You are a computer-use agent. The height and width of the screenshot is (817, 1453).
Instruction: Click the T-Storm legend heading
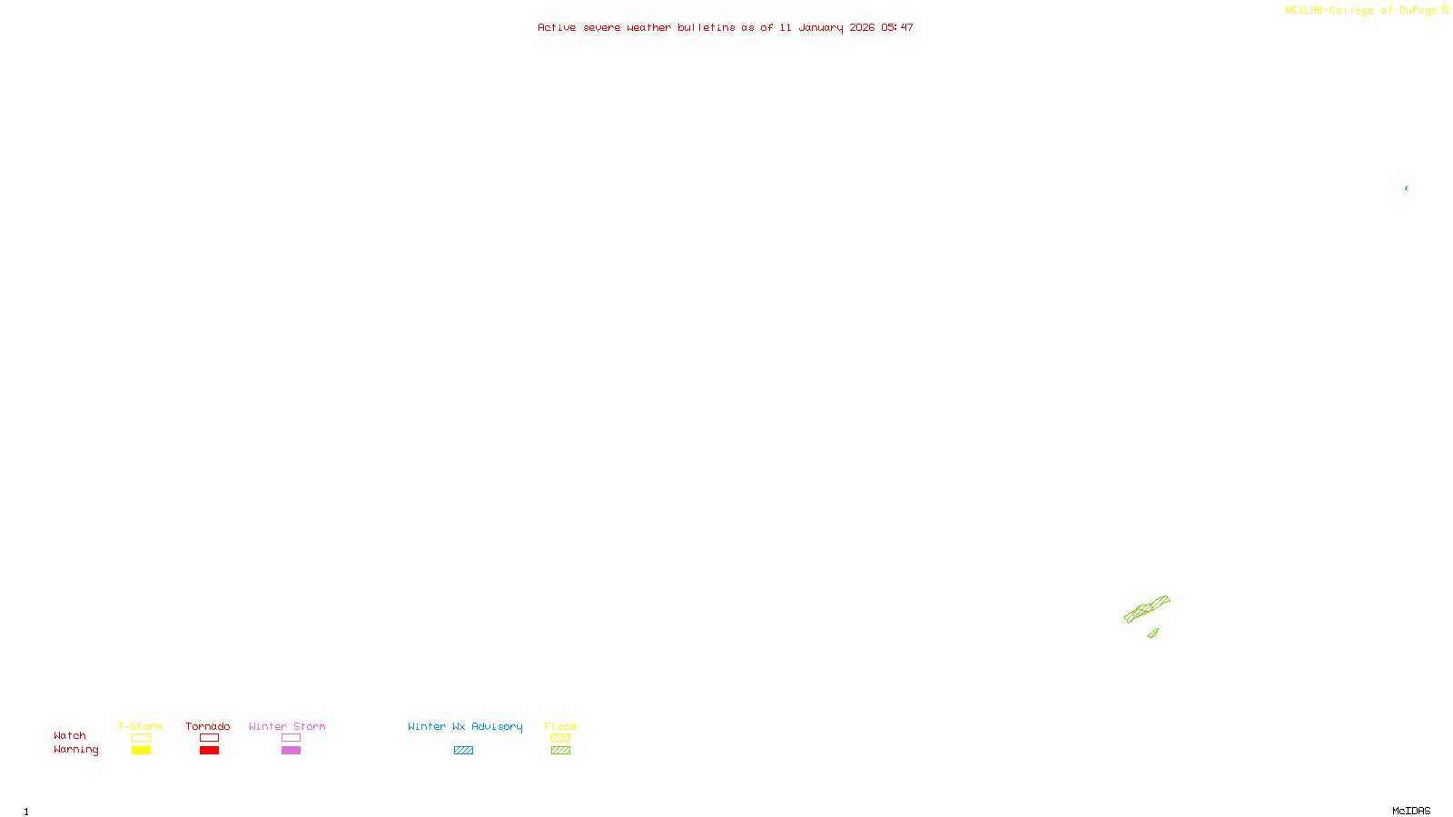pos(140,726)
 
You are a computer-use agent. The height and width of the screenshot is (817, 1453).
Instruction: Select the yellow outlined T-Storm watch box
pos(141,738)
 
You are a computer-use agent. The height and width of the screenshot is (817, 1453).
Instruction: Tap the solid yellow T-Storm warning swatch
pos(141,751)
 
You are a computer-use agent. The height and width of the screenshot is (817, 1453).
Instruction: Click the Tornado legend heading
pos(208,726)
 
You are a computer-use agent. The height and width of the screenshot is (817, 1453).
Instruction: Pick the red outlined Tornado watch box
pos(210,738)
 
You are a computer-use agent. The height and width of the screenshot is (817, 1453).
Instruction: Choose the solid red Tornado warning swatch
pos(210,751)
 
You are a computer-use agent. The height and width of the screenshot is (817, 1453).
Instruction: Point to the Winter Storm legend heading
pos(287,726)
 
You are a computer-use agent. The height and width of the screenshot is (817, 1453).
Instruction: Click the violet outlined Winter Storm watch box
pos(291,738)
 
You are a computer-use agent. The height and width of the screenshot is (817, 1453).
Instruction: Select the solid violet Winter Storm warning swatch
pos(291,751)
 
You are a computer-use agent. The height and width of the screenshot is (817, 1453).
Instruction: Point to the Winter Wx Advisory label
pos(465,726)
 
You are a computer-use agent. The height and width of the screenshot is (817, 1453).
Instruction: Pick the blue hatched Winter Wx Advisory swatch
pos(463,751)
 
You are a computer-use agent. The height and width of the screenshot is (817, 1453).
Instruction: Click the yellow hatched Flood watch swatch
pos(560,738)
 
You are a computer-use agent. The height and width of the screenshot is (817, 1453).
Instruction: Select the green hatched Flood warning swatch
pos(560,751)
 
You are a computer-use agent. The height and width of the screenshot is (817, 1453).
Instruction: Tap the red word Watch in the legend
pos(70,735)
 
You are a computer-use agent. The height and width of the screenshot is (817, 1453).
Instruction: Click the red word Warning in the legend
pos(76,750)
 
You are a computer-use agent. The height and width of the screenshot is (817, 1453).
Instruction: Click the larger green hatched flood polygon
pos(1146,608)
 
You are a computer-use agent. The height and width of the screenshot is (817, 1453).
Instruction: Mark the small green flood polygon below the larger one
pos(1153,633)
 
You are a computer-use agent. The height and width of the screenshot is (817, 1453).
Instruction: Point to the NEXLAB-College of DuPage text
pos(1361,11)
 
